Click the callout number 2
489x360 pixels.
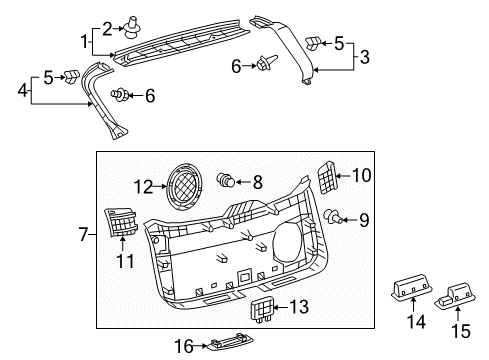107,29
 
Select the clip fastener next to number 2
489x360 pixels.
133,27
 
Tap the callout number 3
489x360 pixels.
365,57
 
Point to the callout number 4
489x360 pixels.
22,90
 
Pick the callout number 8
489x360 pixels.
258,182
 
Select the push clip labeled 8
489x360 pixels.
226,180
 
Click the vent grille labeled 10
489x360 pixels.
326,177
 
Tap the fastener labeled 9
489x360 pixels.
333,217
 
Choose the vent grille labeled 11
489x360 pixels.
121,222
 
